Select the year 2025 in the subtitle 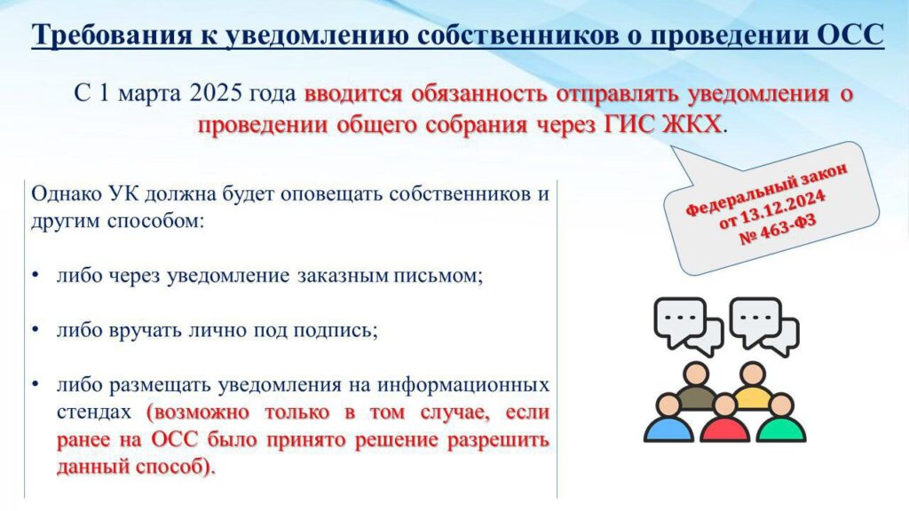coord(215,93)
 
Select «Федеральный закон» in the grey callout coord(766,189)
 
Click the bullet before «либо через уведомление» coord(36,275)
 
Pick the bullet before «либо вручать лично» coord(36,330)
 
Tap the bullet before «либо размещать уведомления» coord(36,384)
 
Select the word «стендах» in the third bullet coord(94,412)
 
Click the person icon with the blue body coord(669,419)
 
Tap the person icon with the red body coord(724,419)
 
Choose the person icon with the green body coord(781,419)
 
